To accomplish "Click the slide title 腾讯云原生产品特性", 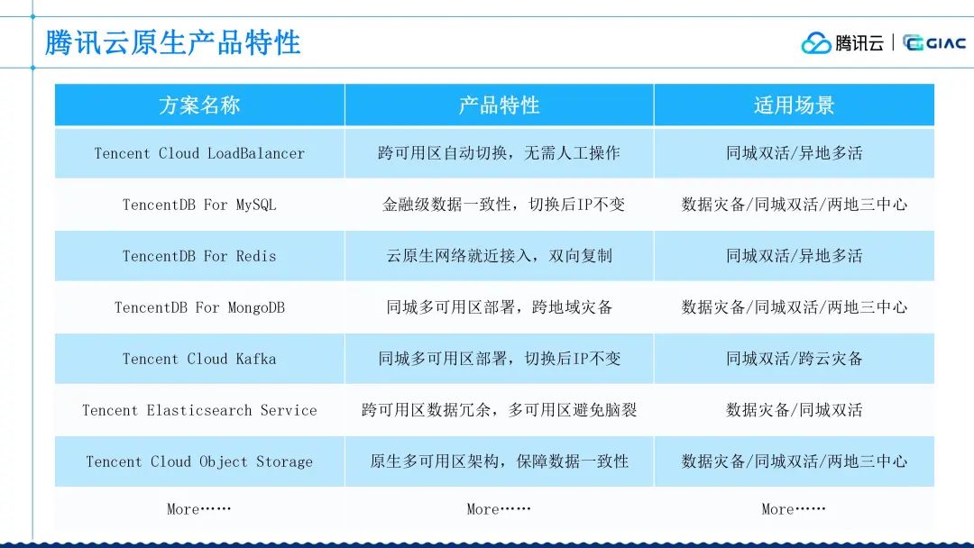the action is click(x=172, y=43).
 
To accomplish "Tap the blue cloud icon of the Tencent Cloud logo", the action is click(x=815, y=43).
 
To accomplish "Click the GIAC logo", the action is click(x=933, y=43).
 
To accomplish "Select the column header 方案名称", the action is click(x=199, y=105).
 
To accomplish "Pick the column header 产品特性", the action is click(x=500, y=105).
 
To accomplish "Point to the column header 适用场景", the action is click(x=794, y=105).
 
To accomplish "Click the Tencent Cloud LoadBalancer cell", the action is click(x=199, y=153).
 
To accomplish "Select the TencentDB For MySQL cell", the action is click(x=199, y=205).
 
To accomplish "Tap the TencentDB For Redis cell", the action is click(x=199, y=256).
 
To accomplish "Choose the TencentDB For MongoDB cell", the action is click(x=199, y=307).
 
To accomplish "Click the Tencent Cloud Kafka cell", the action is click(x=199, y=359).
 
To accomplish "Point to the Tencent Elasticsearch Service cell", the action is click(x=199, y=410).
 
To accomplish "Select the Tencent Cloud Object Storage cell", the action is click(x=199, y=461).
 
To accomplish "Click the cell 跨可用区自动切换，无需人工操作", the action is click(x=500, y=153).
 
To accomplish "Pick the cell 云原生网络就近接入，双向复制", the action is click(x=500, y=256).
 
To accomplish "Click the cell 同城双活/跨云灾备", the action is click(x=795, y=359).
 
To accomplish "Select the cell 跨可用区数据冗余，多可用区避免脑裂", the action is click(x=500, y=409).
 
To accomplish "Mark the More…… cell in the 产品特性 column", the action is click(x=499, y=509).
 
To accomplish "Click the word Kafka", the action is click(x=256, y=359).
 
